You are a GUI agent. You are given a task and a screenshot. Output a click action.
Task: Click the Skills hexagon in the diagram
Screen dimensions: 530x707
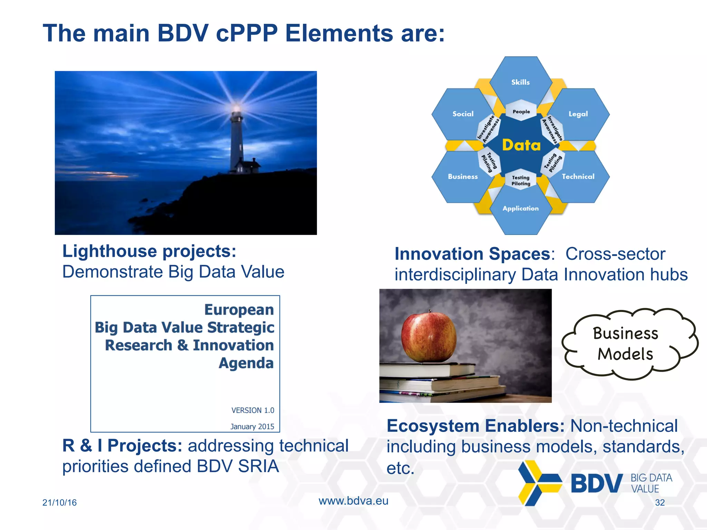[520, 82]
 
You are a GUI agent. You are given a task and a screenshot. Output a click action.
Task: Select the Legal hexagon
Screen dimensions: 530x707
[578, 114]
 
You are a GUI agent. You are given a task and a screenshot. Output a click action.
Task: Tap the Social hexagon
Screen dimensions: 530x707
[463, 114]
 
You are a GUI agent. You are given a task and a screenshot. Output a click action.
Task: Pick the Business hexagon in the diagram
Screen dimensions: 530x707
[463, 177]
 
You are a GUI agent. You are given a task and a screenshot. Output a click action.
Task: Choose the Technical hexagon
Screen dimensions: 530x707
[578, 177]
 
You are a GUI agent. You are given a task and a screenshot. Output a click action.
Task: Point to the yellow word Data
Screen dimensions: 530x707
[521, 145]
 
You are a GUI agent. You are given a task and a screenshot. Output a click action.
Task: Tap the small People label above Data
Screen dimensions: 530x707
[521, 112]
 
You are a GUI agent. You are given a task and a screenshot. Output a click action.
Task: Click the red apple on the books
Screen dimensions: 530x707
[428, 337]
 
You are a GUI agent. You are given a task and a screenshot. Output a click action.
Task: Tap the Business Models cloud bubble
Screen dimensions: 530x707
[626, 344]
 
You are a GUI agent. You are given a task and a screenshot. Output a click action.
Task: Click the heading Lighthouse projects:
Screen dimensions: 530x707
[149, 251]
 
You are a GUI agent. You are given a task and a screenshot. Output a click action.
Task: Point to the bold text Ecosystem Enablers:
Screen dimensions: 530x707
[475, 426]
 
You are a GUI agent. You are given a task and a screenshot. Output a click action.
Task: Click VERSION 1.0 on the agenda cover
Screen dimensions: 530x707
[253, 410]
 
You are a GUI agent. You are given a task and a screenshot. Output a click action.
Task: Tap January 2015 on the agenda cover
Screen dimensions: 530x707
[252, 426]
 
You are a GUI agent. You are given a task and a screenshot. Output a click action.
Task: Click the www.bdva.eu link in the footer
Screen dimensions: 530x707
[353, 501]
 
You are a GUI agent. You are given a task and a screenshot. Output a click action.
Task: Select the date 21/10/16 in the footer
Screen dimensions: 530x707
[59, 502]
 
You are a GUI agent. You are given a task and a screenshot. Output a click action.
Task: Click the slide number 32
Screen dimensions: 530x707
[660, 502]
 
